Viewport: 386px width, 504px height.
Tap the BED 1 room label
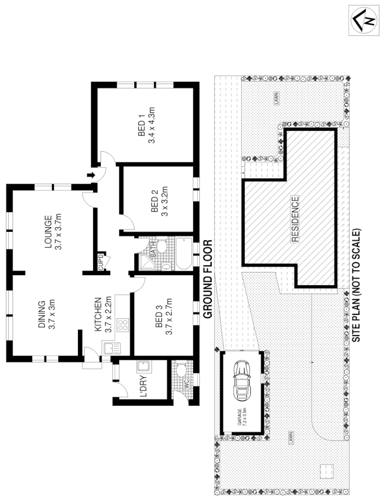click(x=141, y=125)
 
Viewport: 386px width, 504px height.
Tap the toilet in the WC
click(x=181, y=372)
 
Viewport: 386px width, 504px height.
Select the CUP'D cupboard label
click(x=101, y=261)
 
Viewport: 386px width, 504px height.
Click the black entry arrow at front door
click(x=91, y=175)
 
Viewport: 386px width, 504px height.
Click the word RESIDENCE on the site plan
click(x=295, y=220)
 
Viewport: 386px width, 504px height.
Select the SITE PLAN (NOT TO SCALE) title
click(x=358, y=286)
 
